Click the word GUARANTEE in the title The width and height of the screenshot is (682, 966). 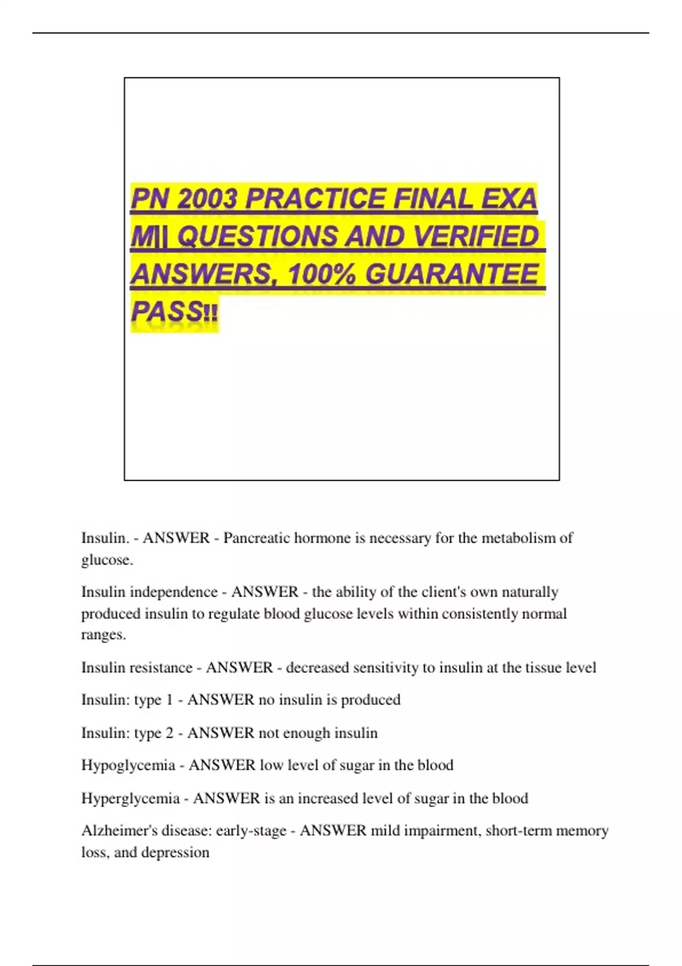(x=452, y=275)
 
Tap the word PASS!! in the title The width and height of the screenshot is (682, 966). (x=174, y=312)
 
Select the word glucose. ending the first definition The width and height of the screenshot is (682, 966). (x=107, y=560)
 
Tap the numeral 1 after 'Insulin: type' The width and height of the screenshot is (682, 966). (x=169, y=700)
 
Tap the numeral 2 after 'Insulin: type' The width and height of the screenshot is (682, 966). (x=169, y=733)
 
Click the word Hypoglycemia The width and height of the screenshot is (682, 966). (x=128, y=765)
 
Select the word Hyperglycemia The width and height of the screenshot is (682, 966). (x=130, y=798)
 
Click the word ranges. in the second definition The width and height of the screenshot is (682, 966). (x=103, y=635)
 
